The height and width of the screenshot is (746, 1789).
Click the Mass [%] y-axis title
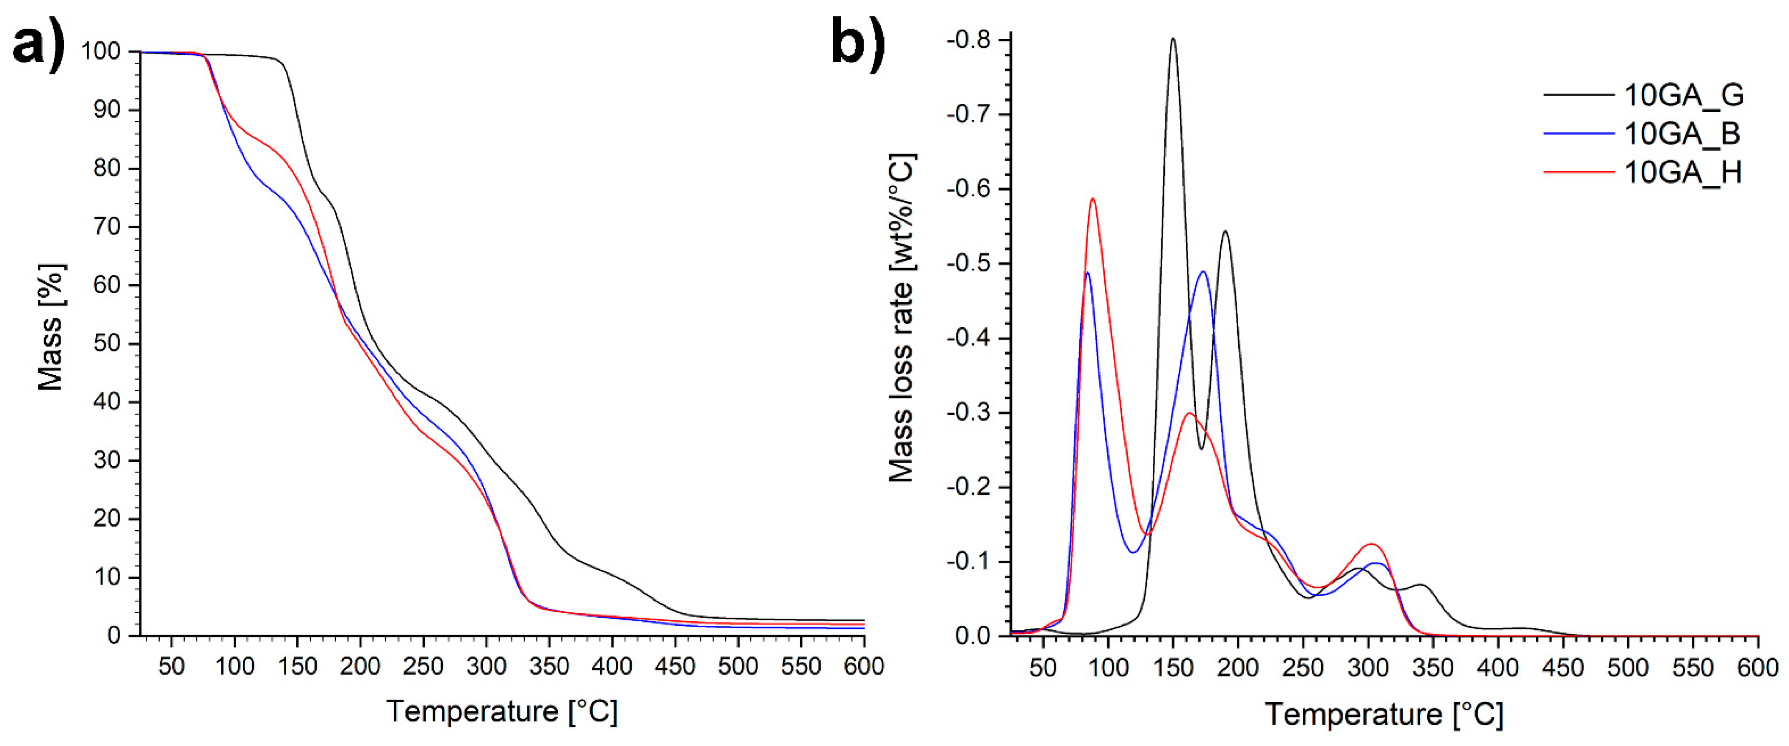(x=50, y=326)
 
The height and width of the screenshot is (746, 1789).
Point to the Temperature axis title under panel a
(x=501, y=711)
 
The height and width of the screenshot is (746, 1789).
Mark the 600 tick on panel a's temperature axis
(x=863, y=666)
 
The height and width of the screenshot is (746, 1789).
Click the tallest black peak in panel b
(x=1173, y=39)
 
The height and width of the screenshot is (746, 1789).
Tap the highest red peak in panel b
(x=1093, y=199)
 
